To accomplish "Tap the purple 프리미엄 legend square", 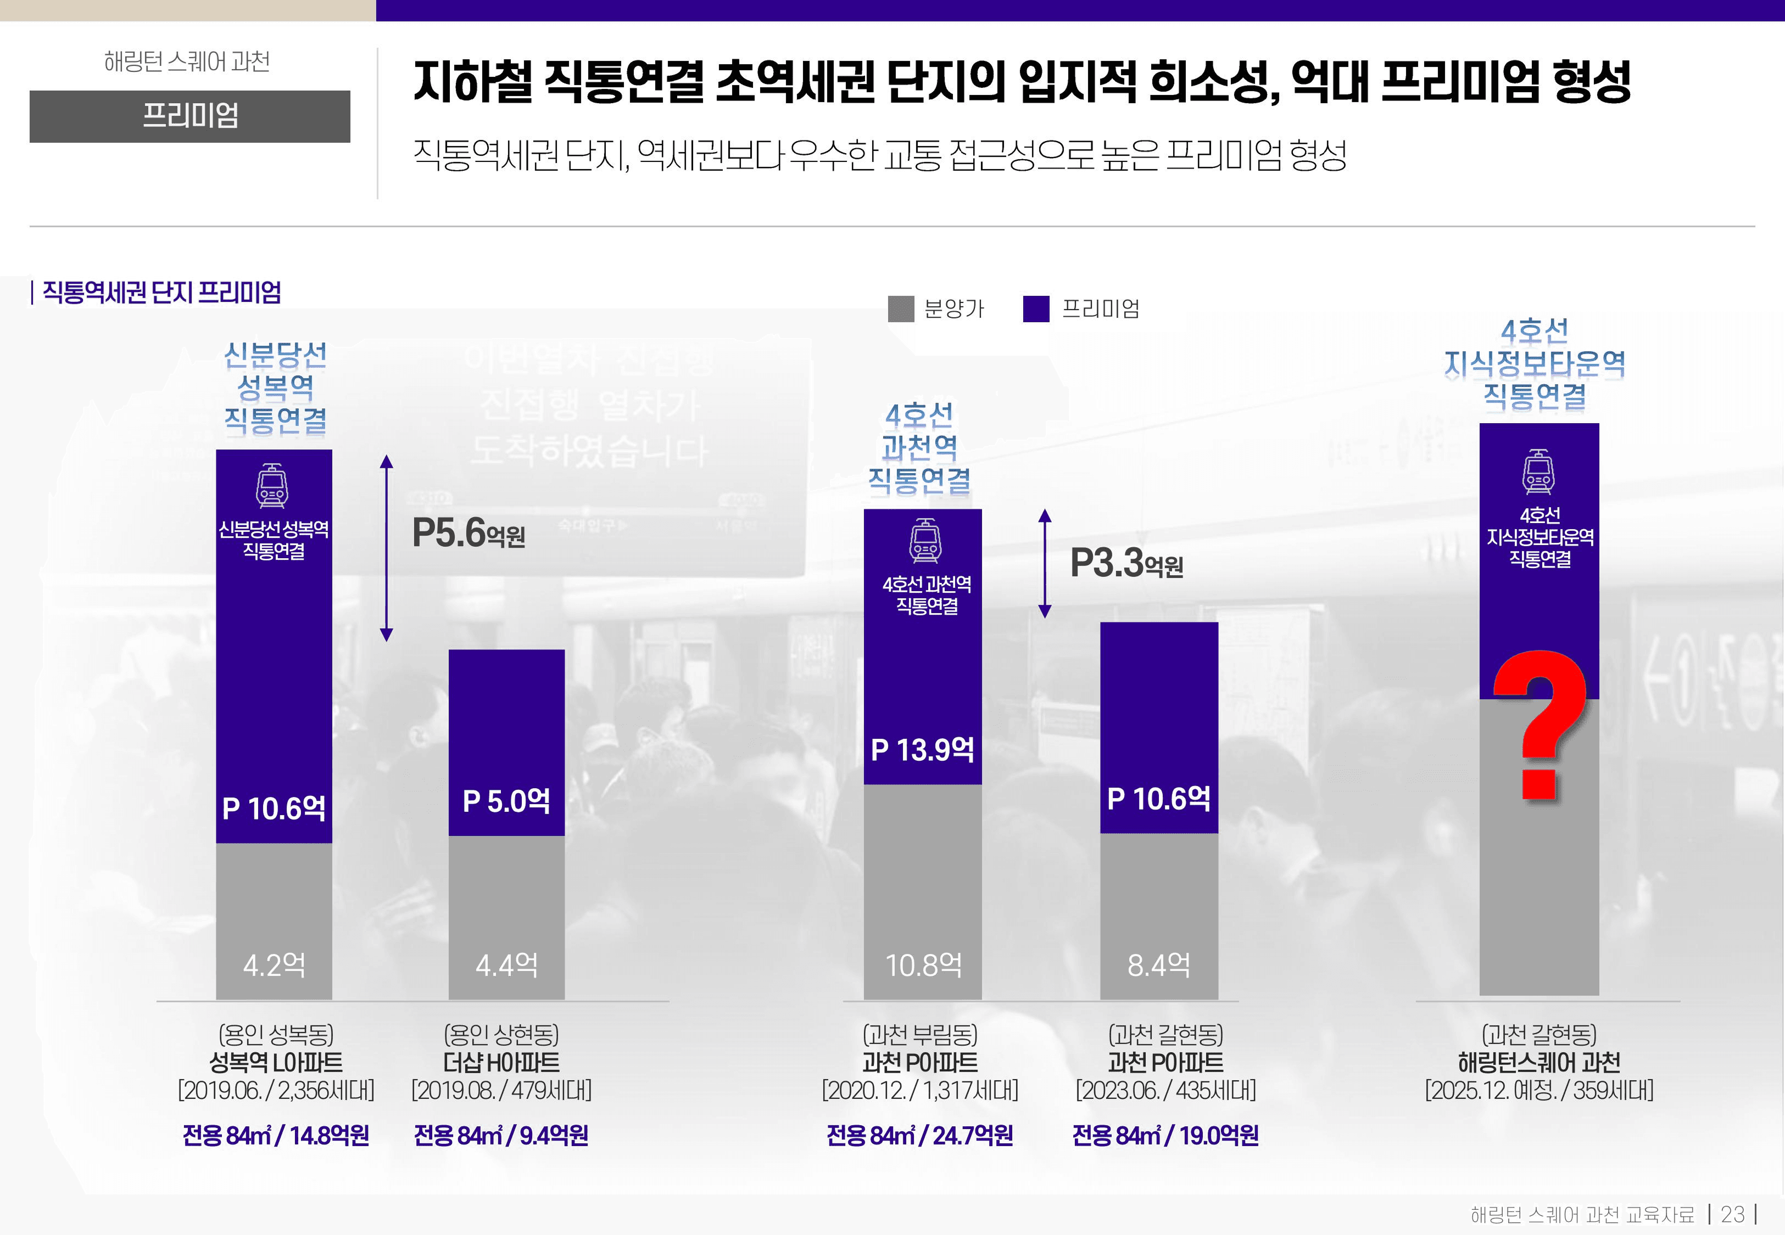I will coord(1036,308).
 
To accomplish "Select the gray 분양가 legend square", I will coord(901,308).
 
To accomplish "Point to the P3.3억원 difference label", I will coord(1126,563).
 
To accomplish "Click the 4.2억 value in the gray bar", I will coord(274,965).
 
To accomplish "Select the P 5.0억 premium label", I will coord(506,801).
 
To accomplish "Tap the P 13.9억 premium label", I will coord(923,749).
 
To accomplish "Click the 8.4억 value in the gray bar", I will coord(1159,965).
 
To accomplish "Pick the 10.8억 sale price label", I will coord(923,965).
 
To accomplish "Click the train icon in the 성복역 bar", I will coord(272,486).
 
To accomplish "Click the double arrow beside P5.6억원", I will coord(386,548).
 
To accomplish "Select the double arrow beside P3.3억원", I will coord(1045,563).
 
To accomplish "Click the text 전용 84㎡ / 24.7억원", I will coord(919,1135).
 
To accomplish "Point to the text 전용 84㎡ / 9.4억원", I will coord(501,1135).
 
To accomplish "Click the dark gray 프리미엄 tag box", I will coord(189,116).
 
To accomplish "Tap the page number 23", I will coord(1732,1214).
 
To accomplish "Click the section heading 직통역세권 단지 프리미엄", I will coord(161,293).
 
